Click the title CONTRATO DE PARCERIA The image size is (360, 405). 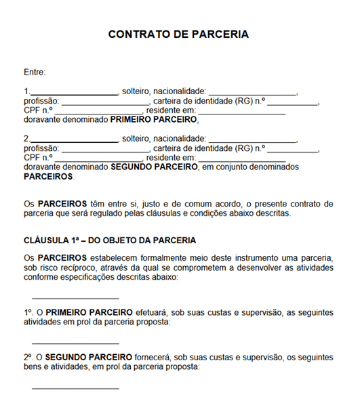[179, 34]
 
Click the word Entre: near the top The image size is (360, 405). [35, 71]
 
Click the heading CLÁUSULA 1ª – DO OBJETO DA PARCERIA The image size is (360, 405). [110, 240]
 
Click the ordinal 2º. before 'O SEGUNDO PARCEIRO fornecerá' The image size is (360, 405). [28, 357]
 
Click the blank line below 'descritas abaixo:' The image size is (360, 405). [75, 297]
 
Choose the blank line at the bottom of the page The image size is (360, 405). [75, 387]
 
